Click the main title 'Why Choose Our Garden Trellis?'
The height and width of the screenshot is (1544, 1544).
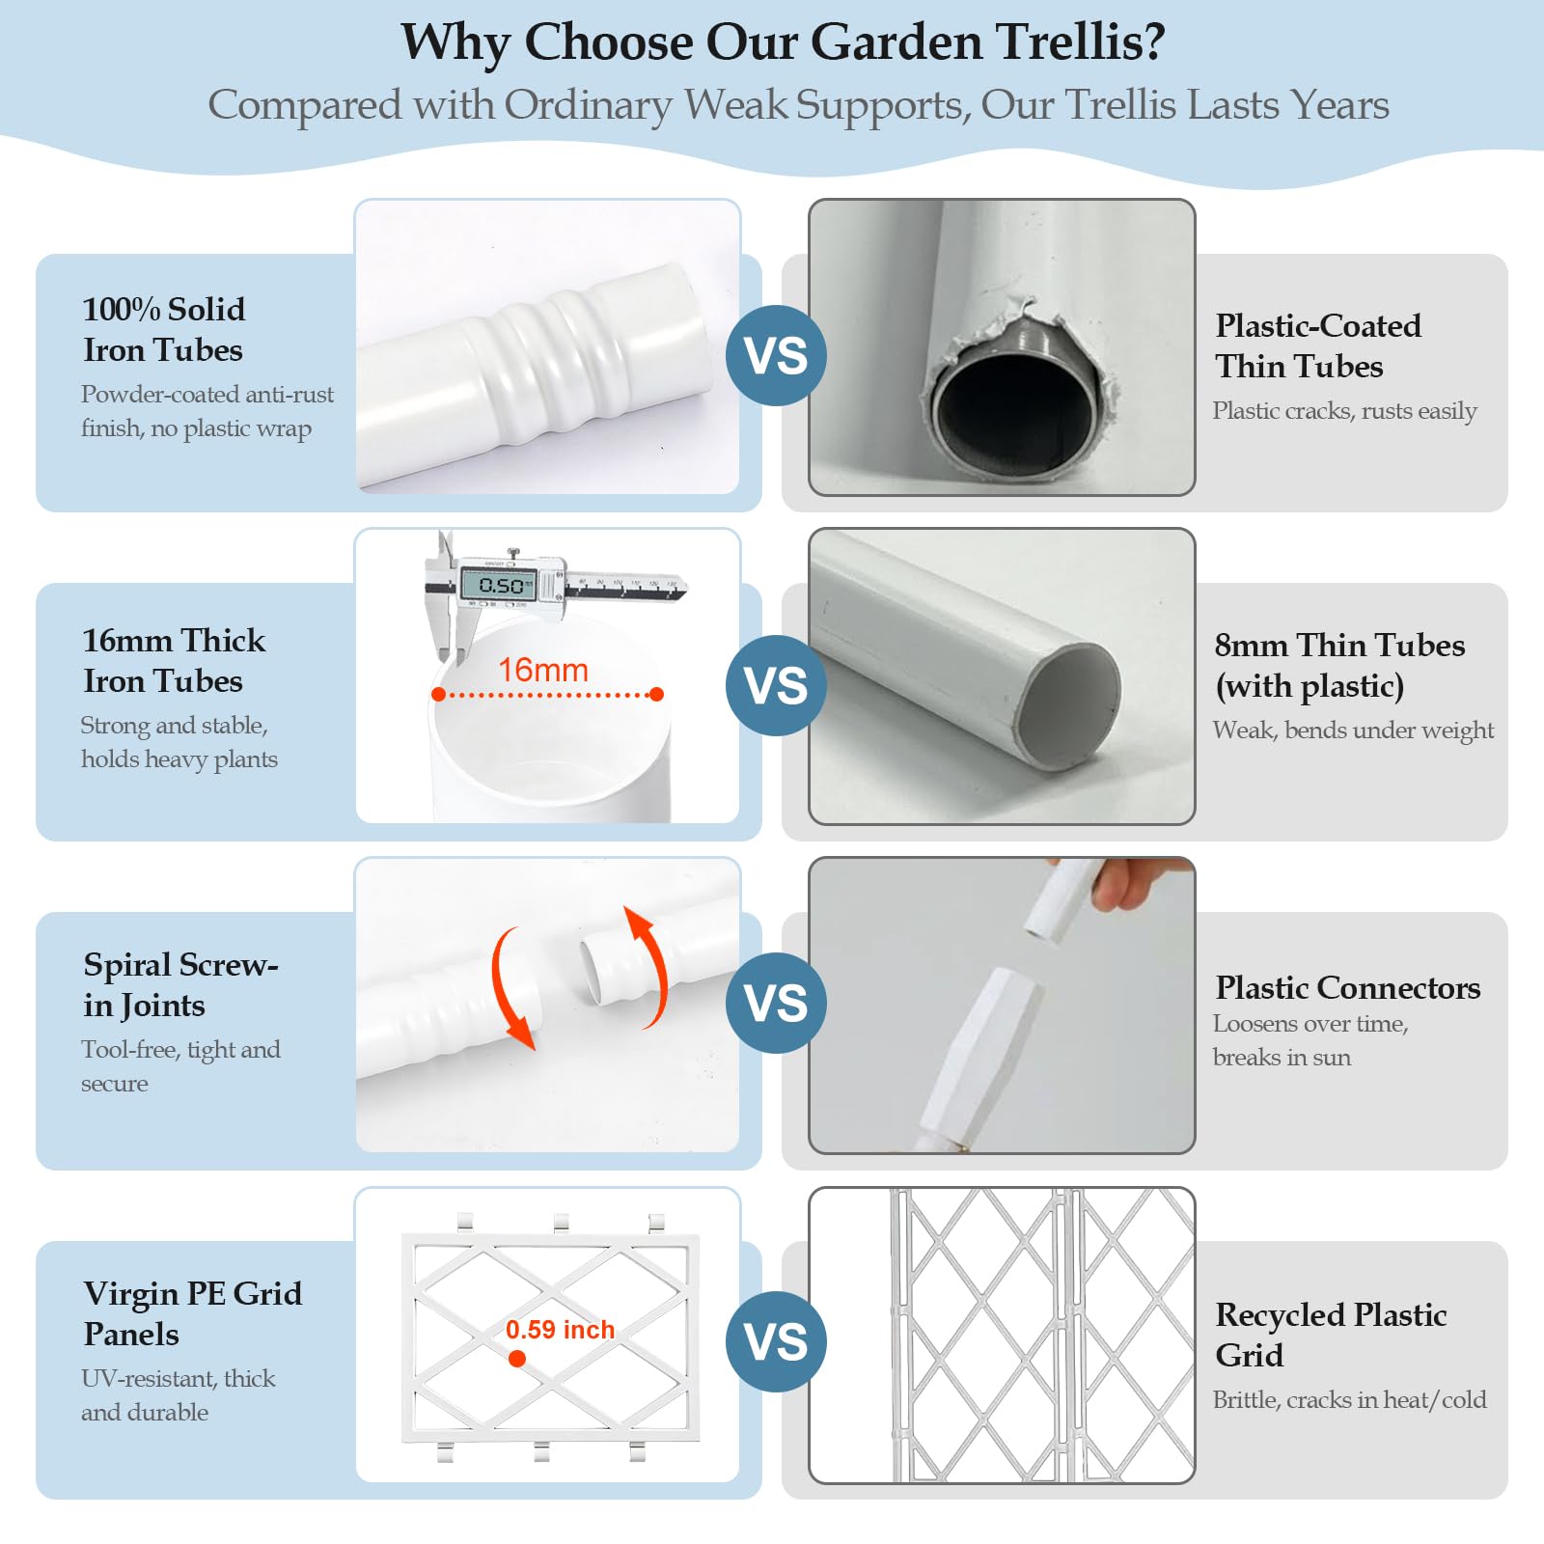pyautogui.click(x=783, y=42)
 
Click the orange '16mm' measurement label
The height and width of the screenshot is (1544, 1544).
pyautogui.click(x=543, y=670)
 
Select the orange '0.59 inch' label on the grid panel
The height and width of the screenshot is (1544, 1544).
pyautogui.click(x=560, y=1330)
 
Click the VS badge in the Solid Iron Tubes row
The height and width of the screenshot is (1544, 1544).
pyautogui.click(x=776, y=355)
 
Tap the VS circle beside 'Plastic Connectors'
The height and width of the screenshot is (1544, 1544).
pyautogui.click(x=776, y=1003)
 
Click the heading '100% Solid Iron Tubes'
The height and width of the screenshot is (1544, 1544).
pyautogui.click(x=163, y=329)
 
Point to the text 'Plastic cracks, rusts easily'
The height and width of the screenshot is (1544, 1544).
pyautogui.click(x=1344, y=411)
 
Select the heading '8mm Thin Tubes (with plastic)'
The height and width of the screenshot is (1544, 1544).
pyautogui.click(x=1339, y=665)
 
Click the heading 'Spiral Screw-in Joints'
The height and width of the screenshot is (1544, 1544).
pyautogui.click(x=180, y=984)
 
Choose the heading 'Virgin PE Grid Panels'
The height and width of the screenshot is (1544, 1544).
pyautogui.click(x=192, y=1313)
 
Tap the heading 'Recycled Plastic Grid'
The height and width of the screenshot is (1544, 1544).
pyautogui.click(x=1331, y=1335)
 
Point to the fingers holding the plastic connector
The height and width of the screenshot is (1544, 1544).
pyautogui.click(x=1139, y=881)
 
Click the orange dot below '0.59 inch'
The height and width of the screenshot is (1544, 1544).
pyautogui.click(x=517, y=1359)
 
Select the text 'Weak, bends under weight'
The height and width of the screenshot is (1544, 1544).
pyautogui.click(x=1353, y=731)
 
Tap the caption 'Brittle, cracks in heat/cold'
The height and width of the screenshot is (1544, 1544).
pyautogui.click(x=1349, y=1400)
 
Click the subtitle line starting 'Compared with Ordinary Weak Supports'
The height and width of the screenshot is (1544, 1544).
pyautogui.click(x=798, y=104)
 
